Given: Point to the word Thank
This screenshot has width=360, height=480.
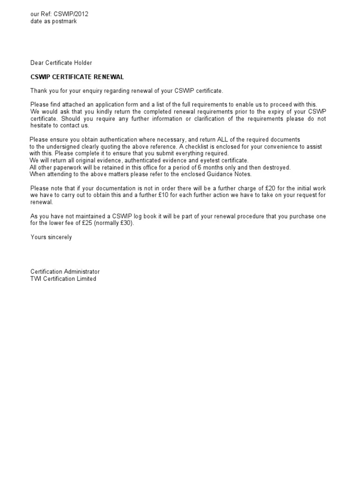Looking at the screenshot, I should coord(39,90).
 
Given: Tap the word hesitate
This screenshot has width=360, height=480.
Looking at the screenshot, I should coord(41,126).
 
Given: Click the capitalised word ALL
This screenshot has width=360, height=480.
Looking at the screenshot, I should coord(209,140).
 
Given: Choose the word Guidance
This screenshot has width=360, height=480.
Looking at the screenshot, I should coord(220,174).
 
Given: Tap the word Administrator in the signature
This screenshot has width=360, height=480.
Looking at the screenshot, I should coord(82,272).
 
